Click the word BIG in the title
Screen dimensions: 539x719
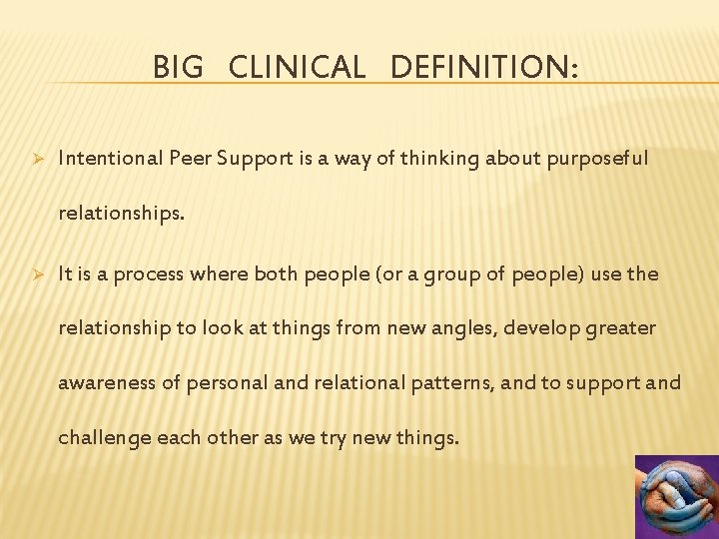click(178, 67)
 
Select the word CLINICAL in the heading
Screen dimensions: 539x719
click(297, 67)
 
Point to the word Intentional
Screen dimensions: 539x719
click(104, 158)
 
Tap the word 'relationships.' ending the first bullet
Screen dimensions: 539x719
click(121, 213)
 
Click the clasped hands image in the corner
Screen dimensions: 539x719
click(676, 496)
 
